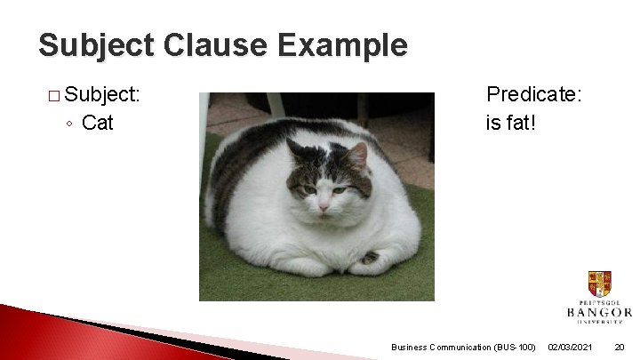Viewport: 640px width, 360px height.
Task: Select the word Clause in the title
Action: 211,45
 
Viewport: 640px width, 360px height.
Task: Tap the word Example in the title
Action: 343,45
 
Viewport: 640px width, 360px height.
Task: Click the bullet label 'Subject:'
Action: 106,94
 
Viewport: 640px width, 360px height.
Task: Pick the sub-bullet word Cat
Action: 97,123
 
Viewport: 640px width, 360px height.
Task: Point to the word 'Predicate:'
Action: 533,94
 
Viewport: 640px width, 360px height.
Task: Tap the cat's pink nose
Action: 324,207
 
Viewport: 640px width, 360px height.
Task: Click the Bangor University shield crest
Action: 599,284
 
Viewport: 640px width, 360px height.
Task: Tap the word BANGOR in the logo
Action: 599,312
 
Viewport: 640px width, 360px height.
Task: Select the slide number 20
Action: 620,347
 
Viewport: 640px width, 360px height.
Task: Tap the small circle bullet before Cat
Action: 69,124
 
